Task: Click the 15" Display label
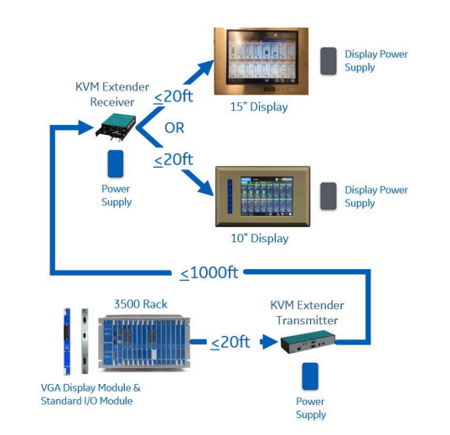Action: [x=259, y=106]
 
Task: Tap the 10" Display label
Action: [x=260, y=238]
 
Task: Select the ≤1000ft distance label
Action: [x=209, y=272]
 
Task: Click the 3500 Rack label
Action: [x=140, y=304]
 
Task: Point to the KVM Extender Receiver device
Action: [x=116, y=127]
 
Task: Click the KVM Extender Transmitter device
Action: [x=308, y=342]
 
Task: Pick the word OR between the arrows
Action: [x=174, y=127]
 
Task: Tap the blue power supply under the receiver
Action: [x=116, y=163]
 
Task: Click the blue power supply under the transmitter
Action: [x=310, y=376]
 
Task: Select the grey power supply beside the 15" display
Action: [x=328, y=61]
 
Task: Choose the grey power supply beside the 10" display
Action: [x=328, y=196]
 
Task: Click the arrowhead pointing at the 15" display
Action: [x=205, y=69]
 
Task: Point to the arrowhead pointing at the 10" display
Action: [x=205, y=188]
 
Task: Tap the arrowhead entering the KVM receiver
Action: [x=85, y=127]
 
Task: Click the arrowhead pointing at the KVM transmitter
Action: [x=270, y=342]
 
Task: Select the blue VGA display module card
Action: [x=67, y=341]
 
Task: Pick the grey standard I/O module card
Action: [x=85, y=341]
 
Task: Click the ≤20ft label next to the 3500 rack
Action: [x=230, y=342]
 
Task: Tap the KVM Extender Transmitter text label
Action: [x=307, y=313]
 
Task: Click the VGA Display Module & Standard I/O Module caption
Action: [x=91, y=394]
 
